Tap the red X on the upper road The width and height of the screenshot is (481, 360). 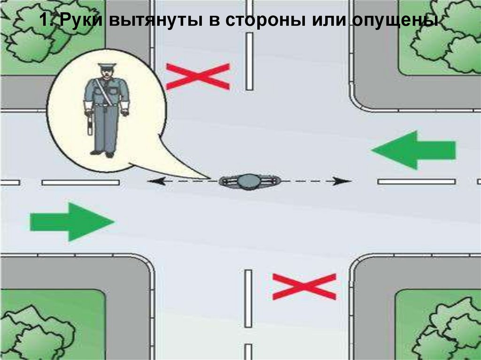pyautogui.click(x=198, y=77)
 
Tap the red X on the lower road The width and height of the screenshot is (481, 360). pyautogui.click(x=304, y=286)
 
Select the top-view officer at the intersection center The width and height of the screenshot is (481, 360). pyautogui.click(x=249, y=181)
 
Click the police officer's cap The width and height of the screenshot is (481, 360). pyautogui.click(x=105, y=67)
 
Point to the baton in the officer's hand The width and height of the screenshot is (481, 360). pyautogui.click(x=88, y=123)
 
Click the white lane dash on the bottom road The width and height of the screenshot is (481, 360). pyautogui.click(x=248, y=298)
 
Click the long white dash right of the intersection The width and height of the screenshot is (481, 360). pyautogui.click(x=416, y=181)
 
